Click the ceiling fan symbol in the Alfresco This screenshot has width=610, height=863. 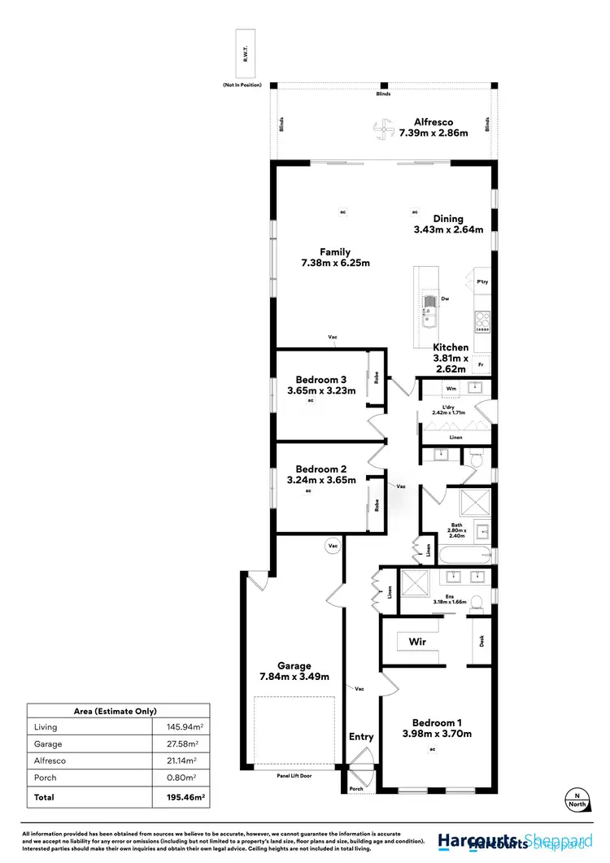(381, 127)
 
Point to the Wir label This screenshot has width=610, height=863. (417, 642)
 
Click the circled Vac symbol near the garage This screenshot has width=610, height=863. (332, 546)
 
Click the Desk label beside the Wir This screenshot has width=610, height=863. (482, 641)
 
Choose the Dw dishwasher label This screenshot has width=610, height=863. (445, 299)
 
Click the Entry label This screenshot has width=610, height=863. (361, 737)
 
